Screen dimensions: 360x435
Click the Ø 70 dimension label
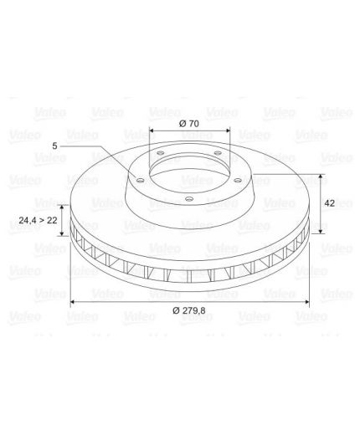tap(189, 124)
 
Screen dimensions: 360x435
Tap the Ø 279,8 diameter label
tap(189, 310)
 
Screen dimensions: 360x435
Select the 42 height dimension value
tap(330, 203)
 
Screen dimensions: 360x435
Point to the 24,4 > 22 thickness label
tap(38, 220)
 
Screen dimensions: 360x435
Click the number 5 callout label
tap(54, 146)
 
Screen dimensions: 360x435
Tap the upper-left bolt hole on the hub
tap(161, 153)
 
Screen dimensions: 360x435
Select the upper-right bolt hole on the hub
tap(218, 153)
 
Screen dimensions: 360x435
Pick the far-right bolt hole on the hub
tap(238, 181)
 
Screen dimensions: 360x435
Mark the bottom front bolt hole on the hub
tap(189, 199)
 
